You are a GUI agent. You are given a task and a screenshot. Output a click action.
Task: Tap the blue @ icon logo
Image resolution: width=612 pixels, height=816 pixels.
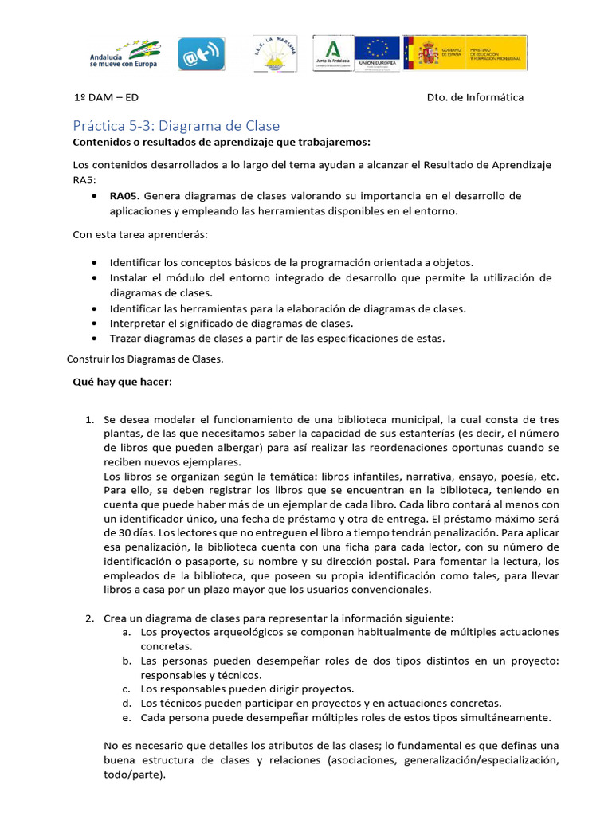[x=200, y=54]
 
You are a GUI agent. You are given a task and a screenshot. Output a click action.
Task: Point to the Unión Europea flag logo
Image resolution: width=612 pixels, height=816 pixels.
[x=377, y=53]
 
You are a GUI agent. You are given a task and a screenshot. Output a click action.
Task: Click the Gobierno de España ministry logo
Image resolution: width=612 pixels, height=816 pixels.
[x=464, y=53]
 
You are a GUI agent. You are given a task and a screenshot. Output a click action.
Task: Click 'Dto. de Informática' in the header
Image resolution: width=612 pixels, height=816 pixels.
[x=475, y=97]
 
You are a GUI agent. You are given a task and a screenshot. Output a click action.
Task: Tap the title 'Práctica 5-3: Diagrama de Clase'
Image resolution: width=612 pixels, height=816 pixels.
[x=176, y=126]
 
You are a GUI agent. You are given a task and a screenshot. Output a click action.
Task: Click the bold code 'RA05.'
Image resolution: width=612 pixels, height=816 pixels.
[x=124, y=195]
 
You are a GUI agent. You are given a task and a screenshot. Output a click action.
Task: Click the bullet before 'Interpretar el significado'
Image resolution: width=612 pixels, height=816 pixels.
[x=95, y=324]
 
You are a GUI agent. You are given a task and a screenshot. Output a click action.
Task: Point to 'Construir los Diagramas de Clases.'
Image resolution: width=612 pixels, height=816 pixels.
[x=144, y=359]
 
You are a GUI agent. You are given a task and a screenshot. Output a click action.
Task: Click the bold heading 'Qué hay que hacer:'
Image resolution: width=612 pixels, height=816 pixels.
[x=122, y=382]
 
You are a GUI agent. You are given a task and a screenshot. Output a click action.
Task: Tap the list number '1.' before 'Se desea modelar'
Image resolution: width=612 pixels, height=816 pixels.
[x=90, y=419]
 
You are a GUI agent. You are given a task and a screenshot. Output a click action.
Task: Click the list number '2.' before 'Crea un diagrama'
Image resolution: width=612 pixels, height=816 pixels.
[x=90, y=618]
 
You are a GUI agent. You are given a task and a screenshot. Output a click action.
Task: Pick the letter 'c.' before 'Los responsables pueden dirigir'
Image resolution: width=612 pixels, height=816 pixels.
[x=127, y=688]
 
